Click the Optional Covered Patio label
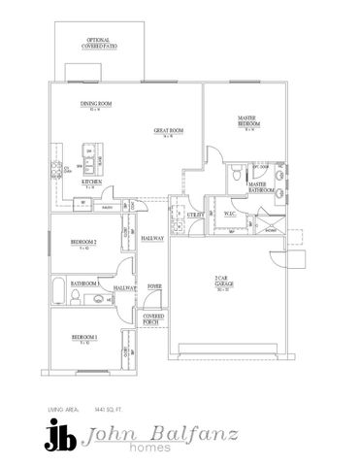pyautogui.click(x=101, y=42)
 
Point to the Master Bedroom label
pyautogui.click(x=246, y=123)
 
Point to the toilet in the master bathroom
pyautogui.click(x=234, y=174)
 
